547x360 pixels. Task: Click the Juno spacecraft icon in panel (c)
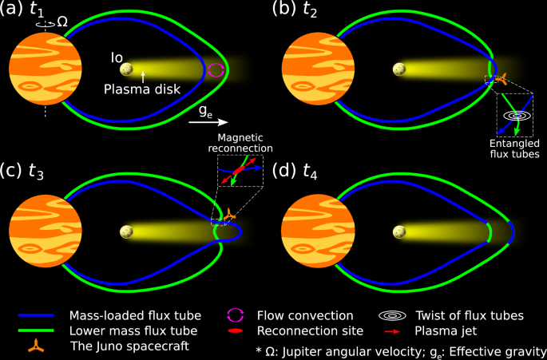click(x=229, y=215)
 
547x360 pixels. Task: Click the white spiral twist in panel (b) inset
click(x=518, y=115)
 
